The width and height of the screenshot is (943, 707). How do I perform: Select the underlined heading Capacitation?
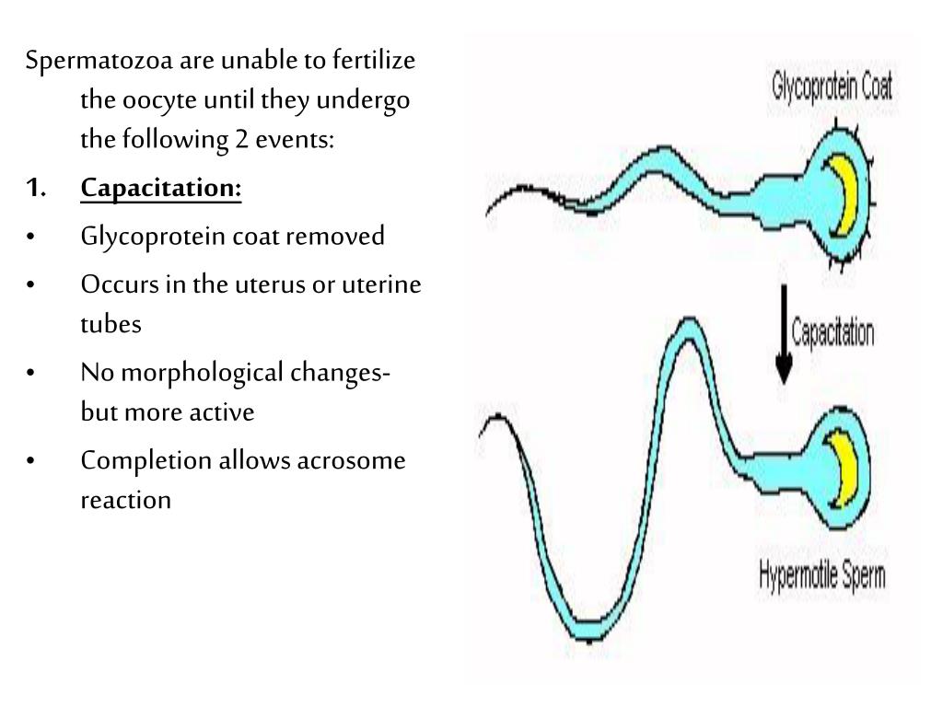161,189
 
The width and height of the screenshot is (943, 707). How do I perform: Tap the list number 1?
36,189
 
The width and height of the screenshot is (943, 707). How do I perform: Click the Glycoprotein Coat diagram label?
832,89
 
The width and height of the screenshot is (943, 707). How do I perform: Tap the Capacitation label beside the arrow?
832,331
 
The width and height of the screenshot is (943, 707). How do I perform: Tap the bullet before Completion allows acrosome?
33,460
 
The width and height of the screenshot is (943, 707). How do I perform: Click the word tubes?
111,323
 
